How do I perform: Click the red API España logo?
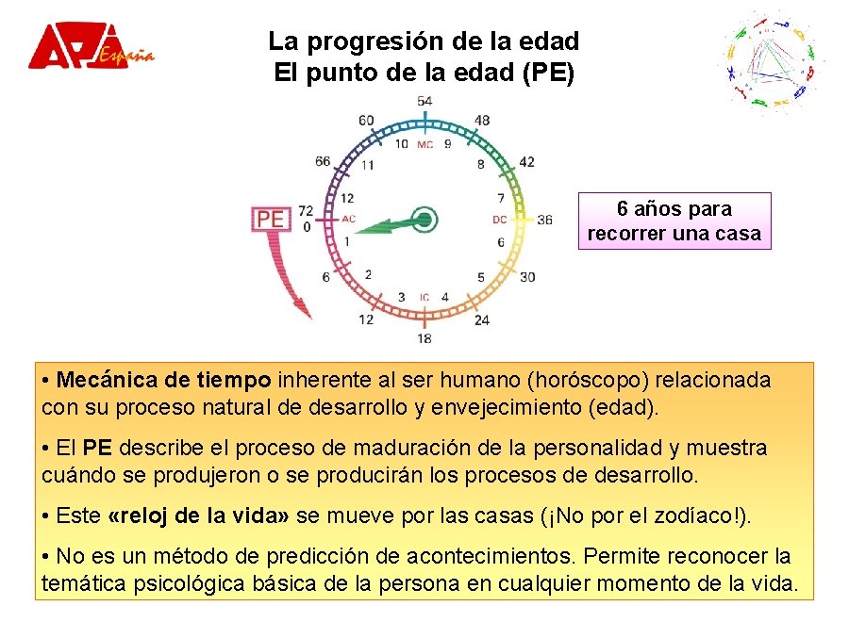coord(90,46)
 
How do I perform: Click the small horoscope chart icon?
coord(773,60)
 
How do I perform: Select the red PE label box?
coord(271,219)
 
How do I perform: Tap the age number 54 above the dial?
coord(424,101)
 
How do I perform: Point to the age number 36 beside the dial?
coord(544,220)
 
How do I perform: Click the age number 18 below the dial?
coord(424,338)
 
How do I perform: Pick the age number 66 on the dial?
coord(324,161)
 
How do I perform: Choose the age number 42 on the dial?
coord(526,161)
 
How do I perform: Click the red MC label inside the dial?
coord(425,145)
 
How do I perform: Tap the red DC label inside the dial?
coord(500,220)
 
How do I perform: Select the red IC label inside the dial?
coord(424,298)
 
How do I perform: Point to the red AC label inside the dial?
coord(348,220)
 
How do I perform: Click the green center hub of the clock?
coord(424,220)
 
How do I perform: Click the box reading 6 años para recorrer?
coord(674,221)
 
